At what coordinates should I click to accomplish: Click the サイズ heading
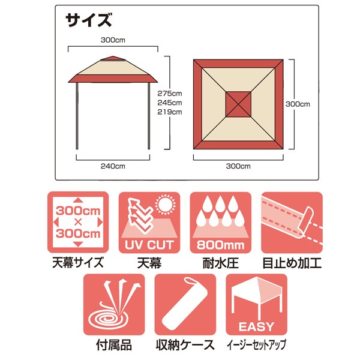point(89,20)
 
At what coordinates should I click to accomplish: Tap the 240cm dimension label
point(113,166)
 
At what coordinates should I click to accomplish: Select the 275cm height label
point(170,94)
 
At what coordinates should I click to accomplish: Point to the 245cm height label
point(170,103)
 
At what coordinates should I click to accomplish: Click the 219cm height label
point(170,112)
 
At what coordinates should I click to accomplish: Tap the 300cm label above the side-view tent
point(113,40)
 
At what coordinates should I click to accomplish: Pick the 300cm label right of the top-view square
point(298,104)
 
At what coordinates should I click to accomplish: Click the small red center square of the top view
point(238,104)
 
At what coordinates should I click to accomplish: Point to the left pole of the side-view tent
point(77,116)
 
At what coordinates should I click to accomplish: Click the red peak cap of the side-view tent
point(113,58)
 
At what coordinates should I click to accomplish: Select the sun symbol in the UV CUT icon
point(166,205)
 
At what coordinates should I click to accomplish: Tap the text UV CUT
point(149,245)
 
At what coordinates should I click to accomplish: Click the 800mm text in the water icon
point(220,245)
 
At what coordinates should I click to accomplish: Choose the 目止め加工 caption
point(292,263)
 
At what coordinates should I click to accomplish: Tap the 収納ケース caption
point(185,345)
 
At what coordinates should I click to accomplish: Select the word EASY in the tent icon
point(256,326)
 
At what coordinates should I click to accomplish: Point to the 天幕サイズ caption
point(78,263)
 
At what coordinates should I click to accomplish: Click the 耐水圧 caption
point(220,263)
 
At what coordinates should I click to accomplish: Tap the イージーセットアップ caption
point(256,345)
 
